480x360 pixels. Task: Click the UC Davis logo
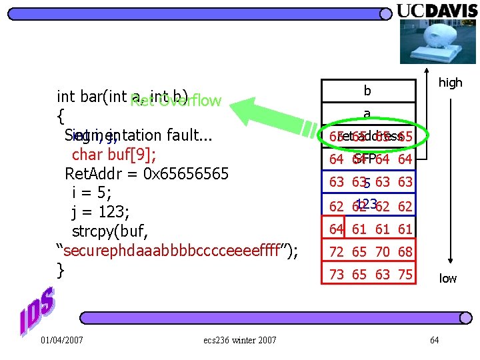437,11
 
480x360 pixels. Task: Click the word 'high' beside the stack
450,83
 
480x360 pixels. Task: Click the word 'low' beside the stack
448,278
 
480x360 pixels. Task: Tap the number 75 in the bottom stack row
405,275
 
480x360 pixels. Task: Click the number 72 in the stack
337,252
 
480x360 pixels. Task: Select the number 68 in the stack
405,252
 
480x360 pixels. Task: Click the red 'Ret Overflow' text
176,101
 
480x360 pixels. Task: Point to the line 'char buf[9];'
114,155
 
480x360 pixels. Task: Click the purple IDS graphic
37,312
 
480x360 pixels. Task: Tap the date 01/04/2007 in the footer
61,341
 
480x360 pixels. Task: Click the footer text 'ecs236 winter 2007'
239,341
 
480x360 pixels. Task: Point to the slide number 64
434,341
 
